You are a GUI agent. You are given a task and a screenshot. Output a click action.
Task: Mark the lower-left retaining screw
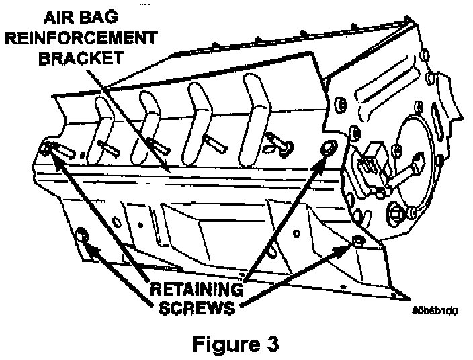[x=83, y=234]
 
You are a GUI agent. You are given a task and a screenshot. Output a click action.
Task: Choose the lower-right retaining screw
[x=358, y=240]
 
